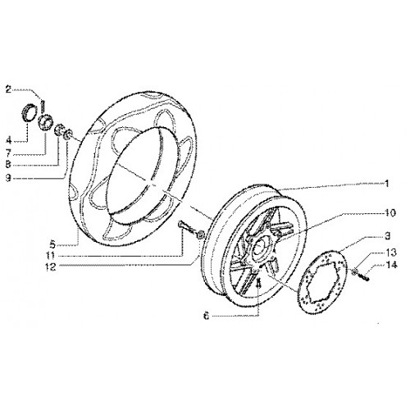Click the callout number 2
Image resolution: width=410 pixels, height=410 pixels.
9,89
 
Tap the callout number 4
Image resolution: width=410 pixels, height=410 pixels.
9,141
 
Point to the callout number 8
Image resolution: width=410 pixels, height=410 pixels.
9,165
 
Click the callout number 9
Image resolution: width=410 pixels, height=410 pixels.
9,178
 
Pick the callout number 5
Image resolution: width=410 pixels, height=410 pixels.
52,244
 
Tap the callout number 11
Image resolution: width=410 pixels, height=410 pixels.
51,256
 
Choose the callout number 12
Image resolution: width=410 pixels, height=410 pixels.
51,267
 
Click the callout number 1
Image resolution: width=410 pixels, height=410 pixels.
386,184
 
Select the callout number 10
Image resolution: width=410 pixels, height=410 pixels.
390,212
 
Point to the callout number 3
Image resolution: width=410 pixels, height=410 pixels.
387,235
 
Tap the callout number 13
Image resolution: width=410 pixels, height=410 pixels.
391,253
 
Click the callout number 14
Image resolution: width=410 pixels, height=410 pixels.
391,265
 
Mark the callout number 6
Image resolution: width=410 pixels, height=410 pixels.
207,317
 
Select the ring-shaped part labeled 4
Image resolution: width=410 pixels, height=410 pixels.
29,113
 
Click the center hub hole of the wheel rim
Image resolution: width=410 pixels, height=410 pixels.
259,248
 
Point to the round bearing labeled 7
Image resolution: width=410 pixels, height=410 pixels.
45,121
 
